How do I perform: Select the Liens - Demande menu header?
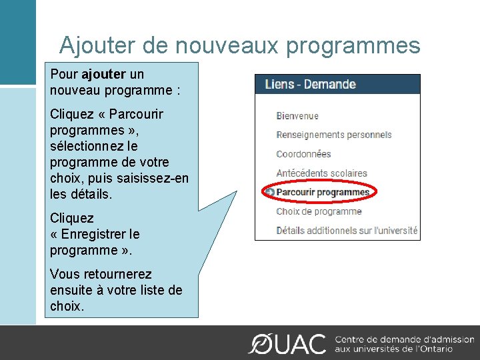point(310,84)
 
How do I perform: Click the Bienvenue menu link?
point(297,116)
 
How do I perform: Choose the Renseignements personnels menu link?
point(334,135)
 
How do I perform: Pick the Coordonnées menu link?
point(303,154)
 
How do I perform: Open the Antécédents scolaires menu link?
point(322,173)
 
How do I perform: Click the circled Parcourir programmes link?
point(323,193)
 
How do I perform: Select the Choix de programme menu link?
point(319,211)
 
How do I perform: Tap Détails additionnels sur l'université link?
point(347,231)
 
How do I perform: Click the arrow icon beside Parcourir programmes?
point(269,193)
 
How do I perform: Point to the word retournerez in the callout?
point(115,274)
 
